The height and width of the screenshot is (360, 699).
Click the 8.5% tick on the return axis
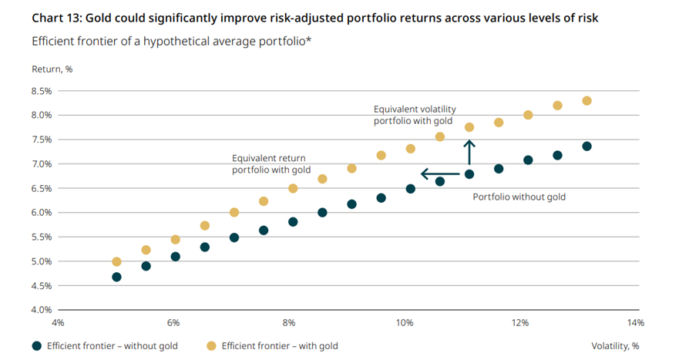42,91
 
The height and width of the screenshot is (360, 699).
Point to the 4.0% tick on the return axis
42,310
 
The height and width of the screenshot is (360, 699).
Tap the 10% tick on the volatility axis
405,322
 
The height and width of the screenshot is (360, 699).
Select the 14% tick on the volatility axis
635,322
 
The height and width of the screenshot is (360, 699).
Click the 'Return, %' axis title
52,69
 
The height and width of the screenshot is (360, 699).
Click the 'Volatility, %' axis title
615,346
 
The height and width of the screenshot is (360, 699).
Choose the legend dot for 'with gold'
210,346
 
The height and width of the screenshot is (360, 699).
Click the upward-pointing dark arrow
469,151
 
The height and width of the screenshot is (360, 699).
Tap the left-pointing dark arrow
439,173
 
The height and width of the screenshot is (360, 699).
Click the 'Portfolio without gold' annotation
519,197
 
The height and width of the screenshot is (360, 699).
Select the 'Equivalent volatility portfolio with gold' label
413,115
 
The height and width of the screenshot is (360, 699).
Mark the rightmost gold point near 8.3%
586,101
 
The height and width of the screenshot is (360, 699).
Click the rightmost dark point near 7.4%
586,146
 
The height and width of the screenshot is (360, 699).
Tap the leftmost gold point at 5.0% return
116,262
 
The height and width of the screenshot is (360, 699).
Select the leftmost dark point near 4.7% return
116,277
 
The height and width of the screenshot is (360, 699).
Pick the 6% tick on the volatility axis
173,322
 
